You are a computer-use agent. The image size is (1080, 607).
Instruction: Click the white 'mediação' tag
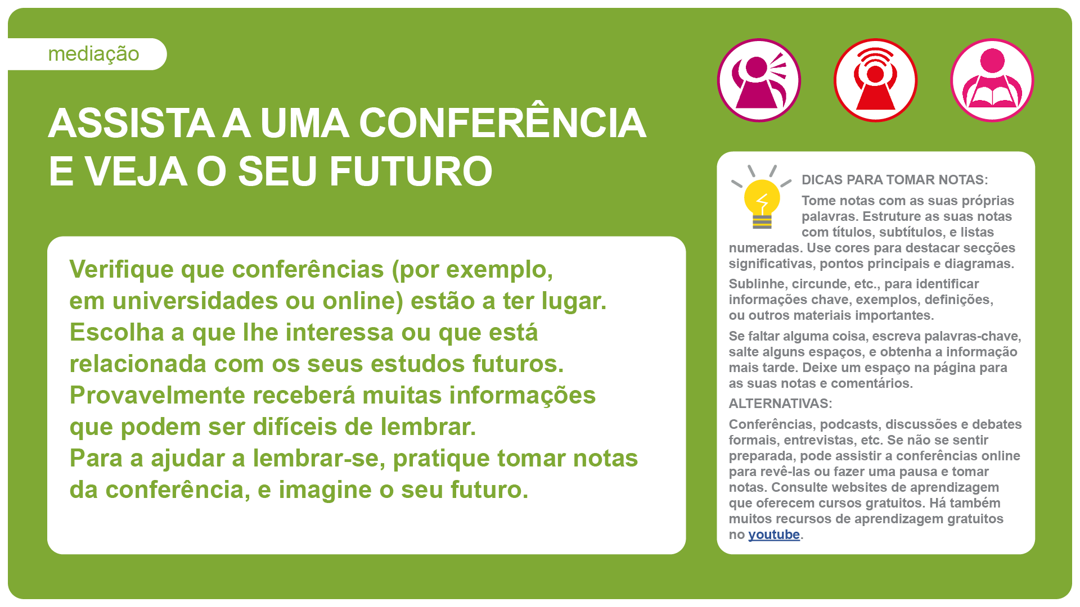pos(87,54)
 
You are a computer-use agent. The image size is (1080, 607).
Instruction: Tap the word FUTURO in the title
pos(411,171)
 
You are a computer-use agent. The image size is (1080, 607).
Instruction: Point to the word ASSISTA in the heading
pos(131,123)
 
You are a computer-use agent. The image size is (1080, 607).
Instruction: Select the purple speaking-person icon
pos(759,80)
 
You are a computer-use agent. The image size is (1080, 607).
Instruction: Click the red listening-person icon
pos(875,80)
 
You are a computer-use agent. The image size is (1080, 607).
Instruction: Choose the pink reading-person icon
pos(992,80)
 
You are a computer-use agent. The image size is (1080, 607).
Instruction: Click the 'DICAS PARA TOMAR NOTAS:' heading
pos(894,180)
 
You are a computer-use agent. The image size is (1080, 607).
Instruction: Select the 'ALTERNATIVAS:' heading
pos(780,404)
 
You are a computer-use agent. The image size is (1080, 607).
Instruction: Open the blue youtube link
pos(773,534)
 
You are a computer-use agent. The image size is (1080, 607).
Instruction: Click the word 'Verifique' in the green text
pos(121,270)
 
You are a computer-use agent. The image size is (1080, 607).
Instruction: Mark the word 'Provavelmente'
pos(157,395)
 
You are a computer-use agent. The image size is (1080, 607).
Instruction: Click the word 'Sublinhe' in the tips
pos(756,284)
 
